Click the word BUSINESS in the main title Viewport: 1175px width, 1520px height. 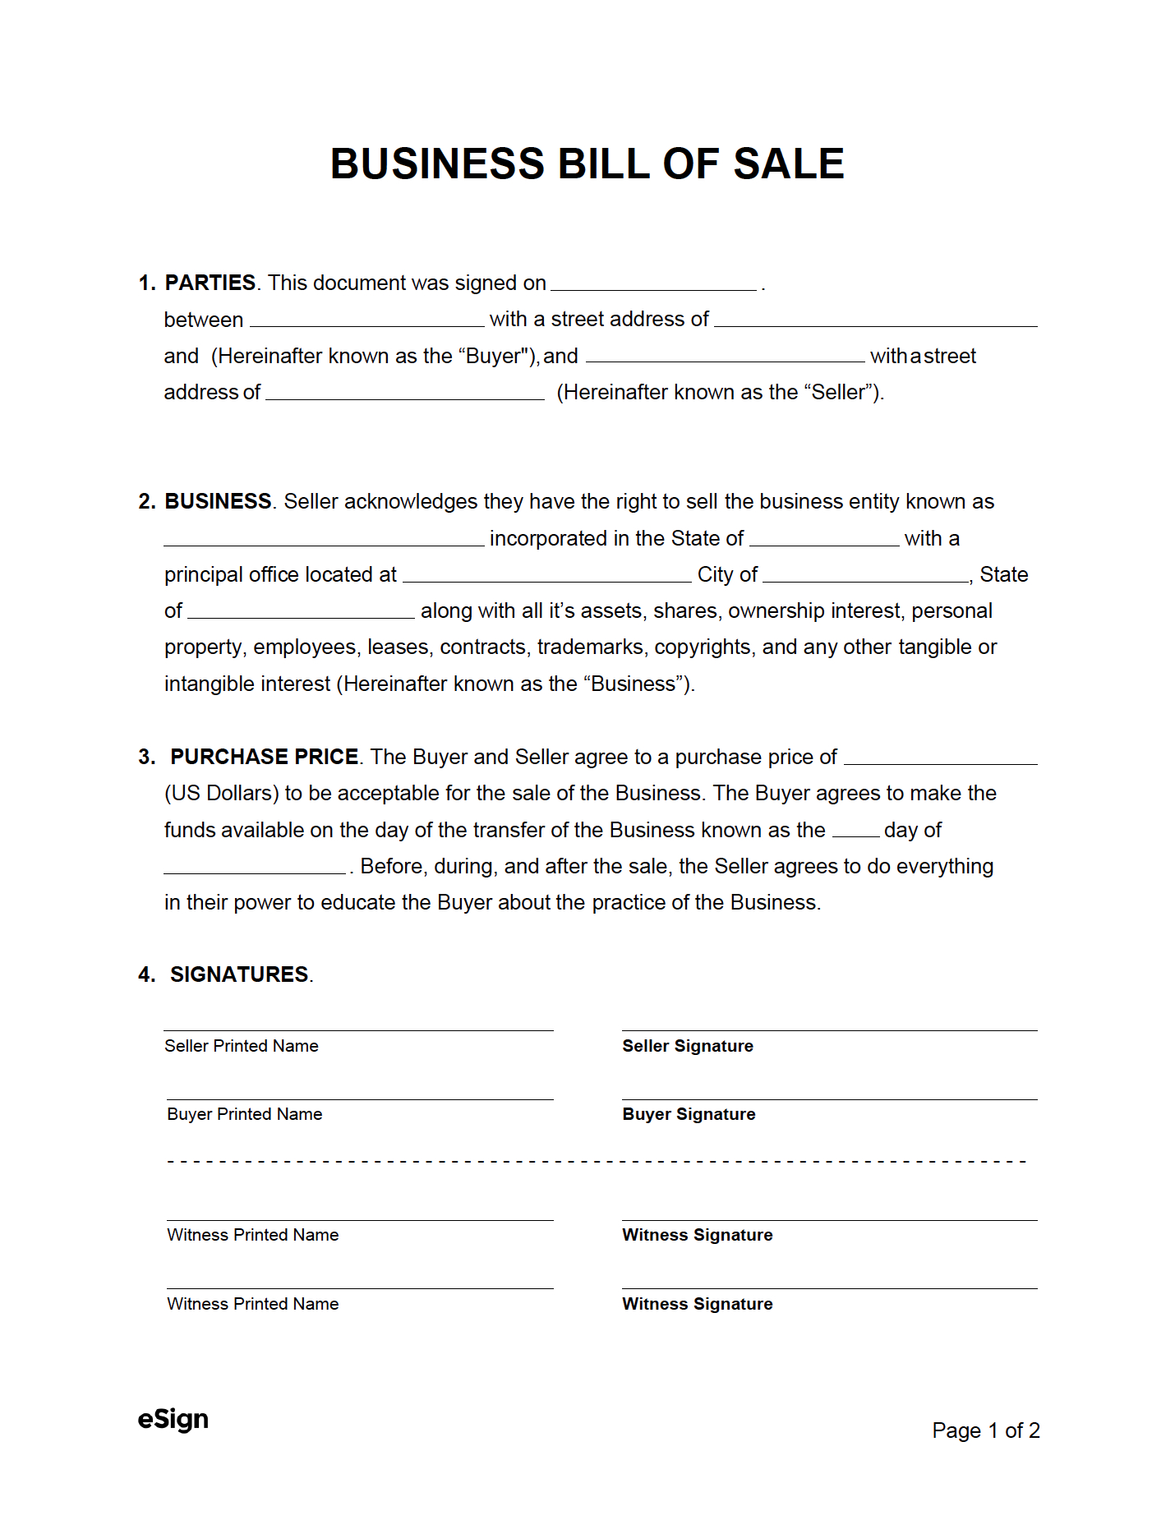pyautogui.click(x=437, y=164)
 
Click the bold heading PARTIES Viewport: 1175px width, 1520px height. pyautogui.click(x=210, y=283)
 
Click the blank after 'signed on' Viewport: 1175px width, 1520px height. pyautogui.click(x=653, y=283)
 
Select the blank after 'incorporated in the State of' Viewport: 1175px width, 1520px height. pyautogui.click(x=824, y=539)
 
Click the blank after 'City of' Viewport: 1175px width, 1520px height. pyautogui.click(x=865, y=575)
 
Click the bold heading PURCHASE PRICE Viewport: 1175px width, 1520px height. pyautogui.click(x=264, y=757)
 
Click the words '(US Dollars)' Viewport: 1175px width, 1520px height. pyautogui.click(x=221, y=793)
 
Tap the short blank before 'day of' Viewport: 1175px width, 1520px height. pyautogui.click(x=855, y=831)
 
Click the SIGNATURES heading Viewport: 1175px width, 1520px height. pyautogui.click(x=239, y=974)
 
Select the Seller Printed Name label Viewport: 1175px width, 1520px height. pyautogui.click(x=241, y=1046)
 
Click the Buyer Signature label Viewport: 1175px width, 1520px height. pyautogui.click(x=689, y=1114)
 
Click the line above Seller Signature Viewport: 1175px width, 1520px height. pyautogui.click(x=829, y=1030)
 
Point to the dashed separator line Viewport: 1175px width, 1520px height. pyautogui.click(x=597, y=1162)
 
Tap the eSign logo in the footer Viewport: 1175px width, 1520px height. pyautogui.click(x=173, y=1419)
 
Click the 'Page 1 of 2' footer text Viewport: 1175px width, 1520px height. pyautogui.click(x=985, y=1430)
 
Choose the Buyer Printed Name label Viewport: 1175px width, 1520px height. pyautogui.click(x=244, y=1114)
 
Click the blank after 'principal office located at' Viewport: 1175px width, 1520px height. pyautogui.click(x=546, y=575)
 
